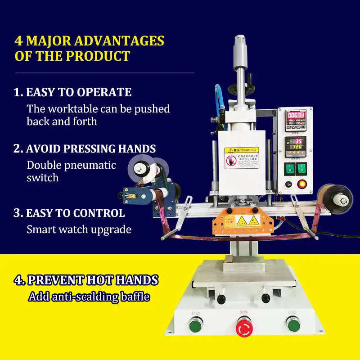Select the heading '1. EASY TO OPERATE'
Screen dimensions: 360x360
(x=72, y=92)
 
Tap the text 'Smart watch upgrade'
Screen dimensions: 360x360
(x=79, y=229)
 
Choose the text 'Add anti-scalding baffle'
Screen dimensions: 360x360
(x=89, y=297)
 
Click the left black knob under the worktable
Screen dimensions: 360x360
(x=221, y=299)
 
